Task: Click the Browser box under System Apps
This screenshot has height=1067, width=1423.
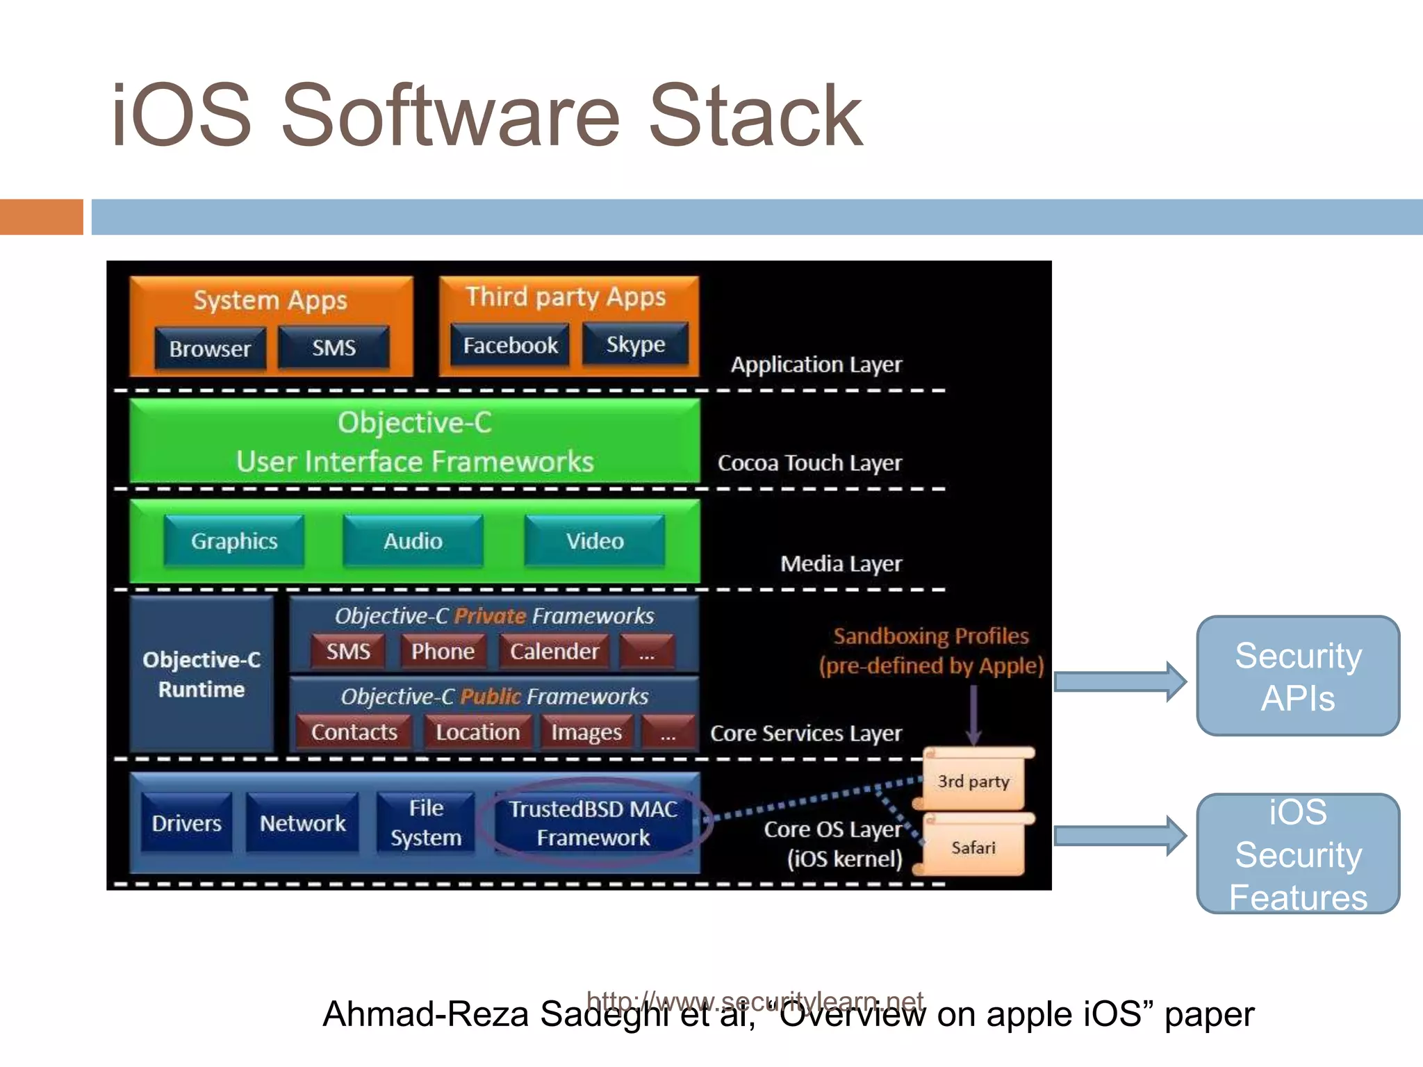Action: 210,349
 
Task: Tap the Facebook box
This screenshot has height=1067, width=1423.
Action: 510,345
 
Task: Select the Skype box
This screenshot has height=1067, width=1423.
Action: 635,344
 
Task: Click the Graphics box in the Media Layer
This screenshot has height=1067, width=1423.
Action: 234,541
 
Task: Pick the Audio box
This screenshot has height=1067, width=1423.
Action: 413,541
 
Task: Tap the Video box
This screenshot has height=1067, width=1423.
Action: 594,541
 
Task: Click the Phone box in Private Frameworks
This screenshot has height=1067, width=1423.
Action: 443,652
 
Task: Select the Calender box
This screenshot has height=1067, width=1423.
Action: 554,652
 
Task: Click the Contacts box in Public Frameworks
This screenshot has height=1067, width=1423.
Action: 354,732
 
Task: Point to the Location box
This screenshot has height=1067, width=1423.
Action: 477,732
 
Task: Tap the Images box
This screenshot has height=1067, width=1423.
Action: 586,732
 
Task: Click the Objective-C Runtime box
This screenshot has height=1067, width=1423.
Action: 201,674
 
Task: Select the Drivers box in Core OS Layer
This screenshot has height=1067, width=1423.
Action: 186,823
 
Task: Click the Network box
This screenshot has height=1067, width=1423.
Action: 302,823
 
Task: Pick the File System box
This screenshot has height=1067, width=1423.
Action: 426,823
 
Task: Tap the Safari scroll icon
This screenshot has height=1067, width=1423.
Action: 973,847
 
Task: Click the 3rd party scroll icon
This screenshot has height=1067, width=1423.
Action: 973,781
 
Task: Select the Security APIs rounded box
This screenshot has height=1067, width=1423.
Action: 1297,676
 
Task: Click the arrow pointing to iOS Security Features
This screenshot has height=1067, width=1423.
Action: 1119,836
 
